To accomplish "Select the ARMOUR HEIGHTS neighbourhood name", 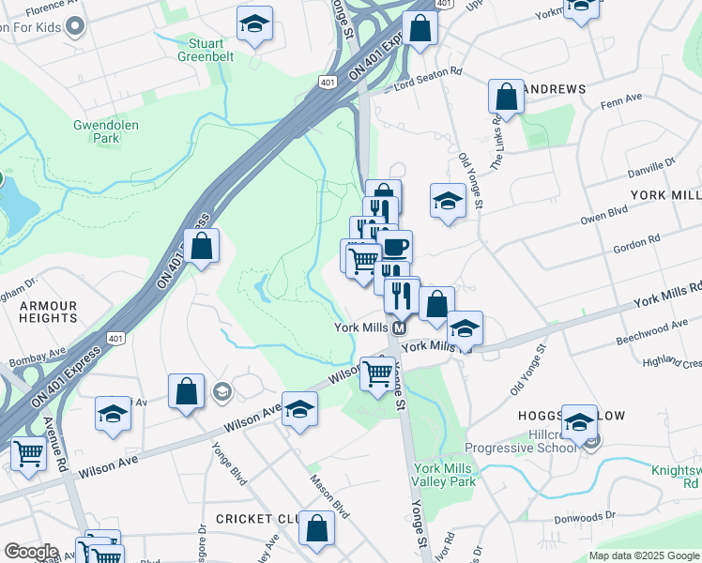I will (48, 312).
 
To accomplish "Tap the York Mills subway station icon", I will (399, 328).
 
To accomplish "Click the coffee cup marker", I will (394, 248).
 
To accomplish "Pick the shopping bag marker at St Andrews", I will (506, 97).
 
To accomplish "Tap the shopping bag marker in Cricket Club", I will (317, 528).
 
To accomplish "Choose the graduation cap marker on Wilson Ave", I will (299, 409).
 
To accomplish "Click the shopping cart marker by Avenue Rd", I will (28, 454).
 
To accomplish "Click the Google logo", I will (31, 552).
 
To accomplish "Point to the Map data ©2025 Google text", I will (644, 555).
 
